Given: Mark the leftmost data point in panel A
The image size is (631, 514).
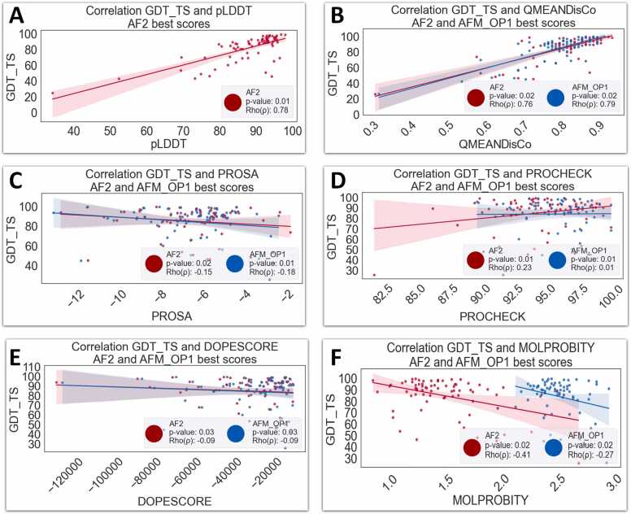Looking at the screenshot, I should click(x=53, y=94).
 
